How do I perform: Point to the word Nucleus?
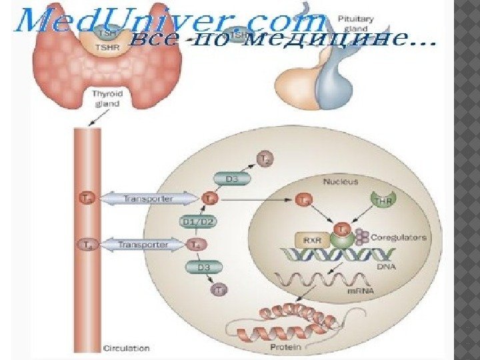tap(340, 181)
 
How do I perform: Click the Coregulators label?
tap(397, 237)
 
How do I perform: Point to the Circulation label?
tap(127, 347)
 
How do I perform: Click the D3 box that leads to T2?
tap(229, 178)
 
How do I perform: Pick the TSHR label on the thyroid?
tap(104, 49)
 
